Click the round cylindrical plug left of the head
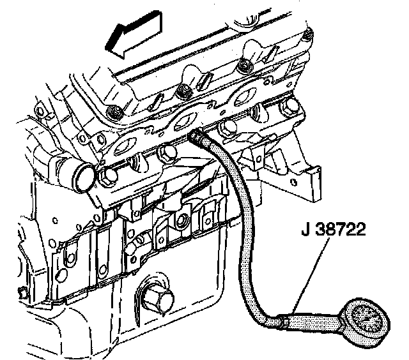[81, 174]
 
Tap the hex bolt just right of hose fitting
[227, 131]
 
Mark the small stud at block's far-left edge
[23, 293]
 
